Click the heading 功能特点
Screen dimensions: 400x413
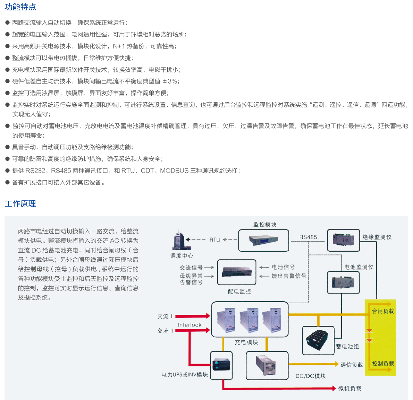click(20, 7)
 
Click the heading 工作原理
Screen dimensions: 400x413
click(20, 203)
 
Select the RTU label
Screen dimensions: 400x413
click(215, 240)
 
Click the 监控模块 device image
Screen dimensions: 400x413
click(263, 240)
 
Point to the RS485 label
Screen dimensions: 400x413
click(308, 237)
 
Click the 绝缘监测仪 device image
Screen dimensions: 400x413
click(343, 240)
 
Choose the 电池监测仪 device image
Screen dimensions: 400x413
click(343, 282)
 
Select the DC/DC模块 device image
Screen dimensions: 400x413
click(267, 365)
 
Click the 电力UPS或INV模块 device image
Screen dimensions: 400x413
click(221, 365)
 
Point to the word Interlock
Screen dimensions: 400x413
click(189, 325)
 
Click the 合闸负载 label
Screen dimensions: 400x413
click(383, 311)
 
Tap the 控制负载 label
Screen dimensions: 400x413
click(383, 363)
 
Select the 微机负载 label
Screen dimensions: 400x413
click(349, 388)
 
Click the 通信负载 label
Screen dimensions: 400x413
click(352, 365)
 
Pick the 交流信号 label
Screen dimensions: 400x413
click(191, 267)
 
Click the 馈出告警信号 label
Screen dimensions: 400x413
click(289, 276)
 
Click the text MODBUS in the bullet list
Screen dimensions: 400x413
click(174, 171)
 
